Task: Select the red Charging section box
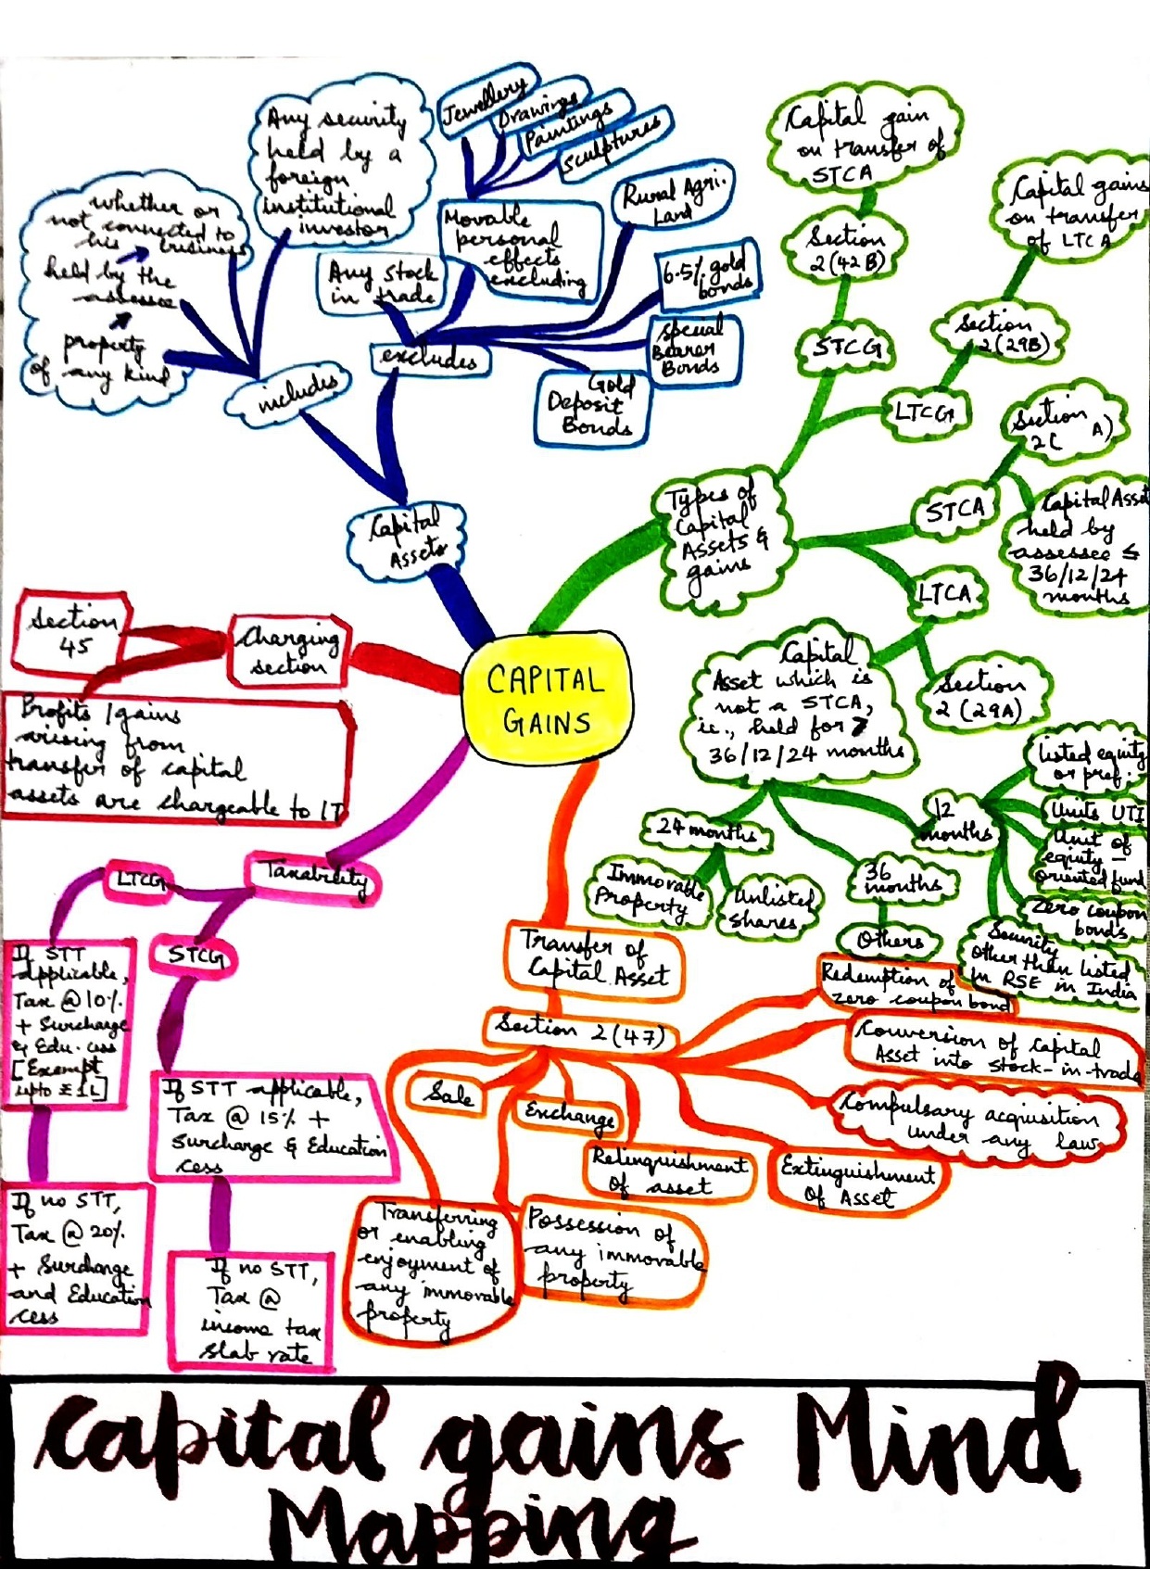(287, 651)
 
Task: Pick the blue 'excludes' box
(429, 358)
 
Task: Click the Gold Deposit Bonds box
(591, 407)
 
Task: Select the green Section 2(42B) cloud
(845, 248)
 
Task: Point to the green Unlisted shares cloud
(765, 908)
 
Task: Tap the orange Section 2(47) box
(579, 1032)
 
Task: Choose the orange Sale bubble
(450, 1094)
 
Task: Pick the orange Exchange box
(569, 1113)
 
